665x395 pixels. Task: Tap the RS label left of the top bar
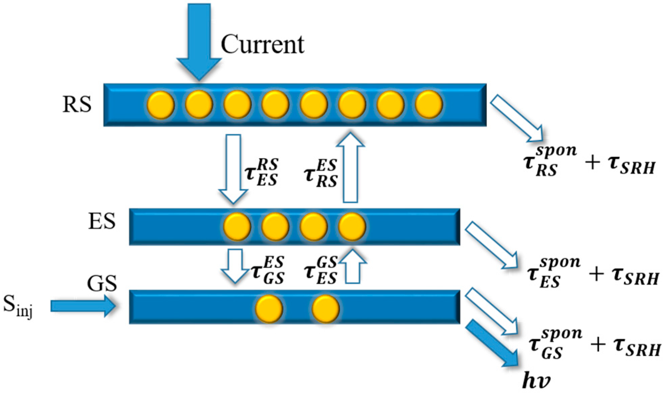tap(77, 104)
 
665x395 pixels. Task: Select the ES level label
tap(102, 221)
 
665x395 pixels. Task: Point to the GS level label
tap(102, 283)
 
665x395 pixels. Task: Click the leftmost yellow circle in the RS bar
tap(161, 105)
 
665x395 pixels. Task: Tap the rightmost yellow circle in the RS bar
tap(429, 105)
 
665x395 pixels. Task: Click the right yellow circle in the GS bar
tap(326, 309)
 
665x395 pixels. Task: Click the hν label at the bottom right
tap(537, 382)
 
